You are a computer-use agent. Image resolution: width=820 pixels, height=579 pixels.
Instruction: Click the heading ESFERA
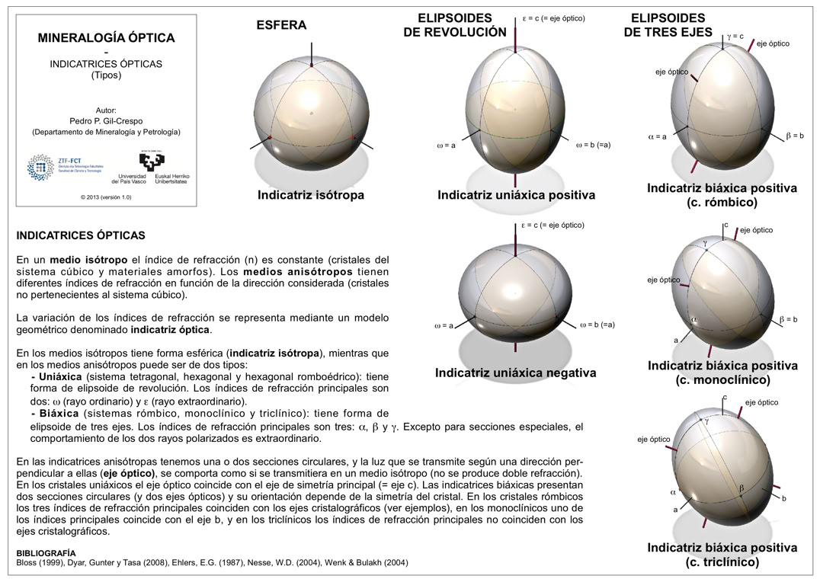[x=281, y=25]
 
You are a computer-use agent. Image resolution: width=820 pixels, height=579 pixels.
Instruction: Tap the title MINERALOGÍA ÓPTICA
[x=106, y=37]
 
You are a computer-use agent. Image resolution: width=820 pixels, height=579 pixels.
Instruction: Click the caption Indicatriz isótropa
[x=310, y=195]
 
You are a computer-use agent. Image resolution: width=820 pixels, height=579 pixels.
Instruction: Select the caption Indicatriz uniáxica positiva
[x=516, y=195]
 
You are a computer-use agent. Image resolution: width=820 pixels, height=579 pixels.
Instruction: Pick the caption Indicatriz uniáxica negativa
[x=515, y=373]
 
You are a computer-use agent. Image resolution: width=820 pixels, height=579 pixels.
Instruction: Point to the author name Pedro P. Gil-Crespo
[x=106, y=121]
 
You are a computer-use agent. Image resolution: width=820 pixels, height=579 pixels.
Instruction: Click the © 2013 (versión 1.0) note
[x=106, y=197]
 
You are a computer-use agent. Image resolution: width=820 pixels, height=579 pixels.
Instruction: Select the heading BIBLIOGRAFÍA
[x=46, y=552]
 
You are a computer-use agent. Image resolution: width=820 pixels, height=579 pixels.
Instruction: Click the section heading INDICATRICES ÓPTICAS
[x=81, y=236]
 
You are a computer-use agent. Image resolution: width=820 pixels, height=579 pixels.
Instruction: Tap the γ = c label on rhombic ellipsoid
[x=735, y=36]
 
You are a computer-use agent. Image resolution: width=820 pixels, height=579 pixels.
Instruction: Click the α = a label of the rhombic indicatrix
[x=657, y=137]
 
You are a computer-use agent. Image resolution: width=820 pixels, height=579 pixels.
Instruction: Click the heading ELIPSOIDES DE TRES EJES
[x=668, y=25]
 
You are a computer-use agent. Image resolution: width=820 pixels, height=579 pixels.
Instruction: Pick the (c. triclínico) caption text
[x=722, y=562]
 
